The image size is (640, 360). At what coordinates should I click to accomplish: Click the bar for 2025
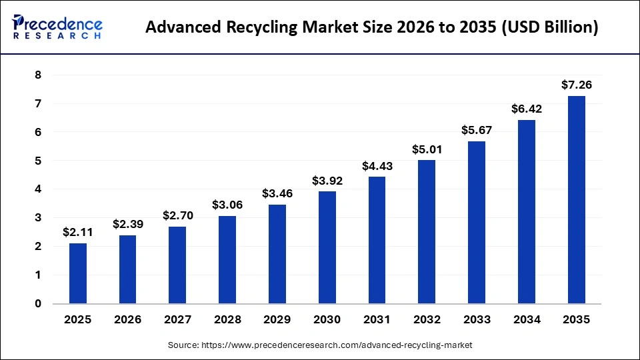click(78, 273)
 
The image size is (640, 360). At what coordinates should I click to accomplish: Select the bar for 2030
click(327, 247)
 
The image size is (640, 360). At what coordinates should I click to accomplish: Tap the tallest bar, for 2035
click(576, 200)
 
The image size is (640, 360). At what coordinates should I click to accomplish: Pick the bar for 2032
click(427, 232)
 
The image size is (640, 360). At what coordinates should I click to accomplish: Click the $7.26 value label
click(576, 85)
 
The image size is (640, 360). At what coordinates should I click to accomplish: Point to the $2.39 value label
click(127, 224)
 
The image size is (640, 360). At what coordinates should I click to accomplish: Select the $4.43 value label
click(377, 165)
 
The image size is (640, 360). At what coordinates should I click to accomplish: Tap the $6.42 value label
click(526, 109)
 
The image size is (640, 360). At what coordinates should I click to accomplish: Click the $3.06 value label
click(227, 205)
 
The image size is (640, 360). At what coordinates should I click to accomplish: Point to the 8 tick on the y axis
click(38, 75)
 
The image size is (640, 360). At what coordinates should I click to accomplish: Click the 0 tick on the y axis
click(38, 304)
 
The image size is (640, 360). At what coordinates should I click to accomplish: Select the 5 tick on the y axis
click(38, 161)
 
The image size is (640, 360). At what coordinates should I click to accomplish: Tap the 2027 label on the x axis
click(177, 320)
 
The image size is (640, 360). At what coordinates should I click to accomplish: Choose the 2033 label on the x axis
click(476, 320)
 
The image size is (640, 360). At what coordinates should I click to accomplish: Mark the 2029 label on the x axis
click(277, 320)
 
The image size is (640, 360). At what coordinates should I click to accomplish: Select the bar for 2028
click(227, 260)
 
